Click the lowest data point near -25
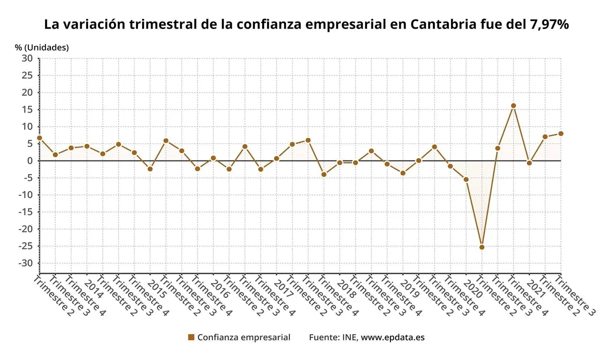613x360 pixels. coord(481,247)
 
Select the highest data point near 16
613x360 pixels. coord(513,105)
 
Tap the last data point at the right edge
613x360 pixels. coord(560,133)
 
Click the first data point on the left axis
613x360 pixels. coord(39,138)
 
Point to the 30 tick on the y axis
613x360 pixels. coord(27,58)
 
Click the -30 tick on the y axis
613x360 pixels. coord(25,263)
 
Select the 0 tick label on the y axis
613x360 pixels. coord(30,160)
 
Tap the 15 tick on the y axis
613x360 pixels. coord(27,109)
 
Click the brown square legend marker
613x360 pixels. coord(191,337)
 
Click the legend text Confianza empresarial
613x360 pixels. coord(243,337)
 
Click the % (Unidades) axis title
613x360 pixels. coord(41,47)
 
